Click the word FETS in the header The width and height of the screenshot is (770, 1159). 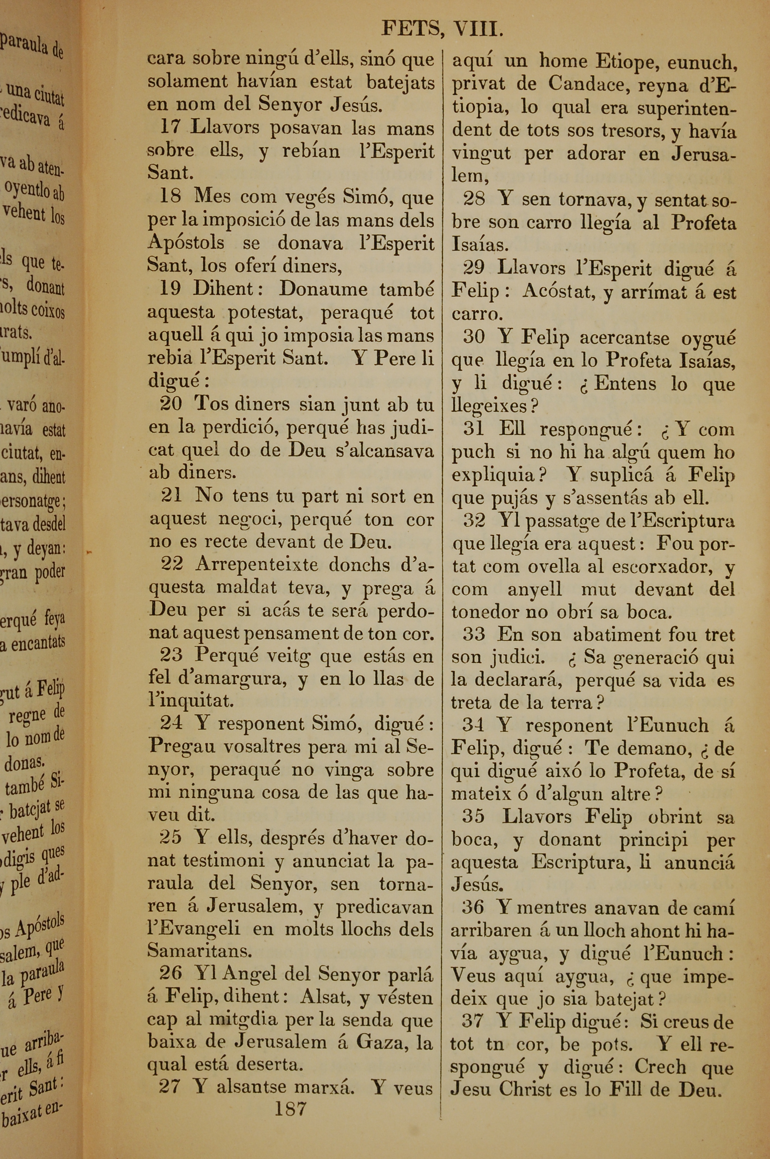[x=410, y=30]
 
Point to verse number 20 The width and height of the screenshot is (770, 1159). [x=171, y=404]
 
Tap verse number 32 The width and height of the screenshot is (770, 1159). [x=474, y=520]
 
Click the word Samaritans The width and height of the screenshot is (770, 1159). [x=199, y=951]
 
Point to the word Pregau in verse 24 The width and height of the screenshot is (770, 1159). [x=182, y=746]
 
